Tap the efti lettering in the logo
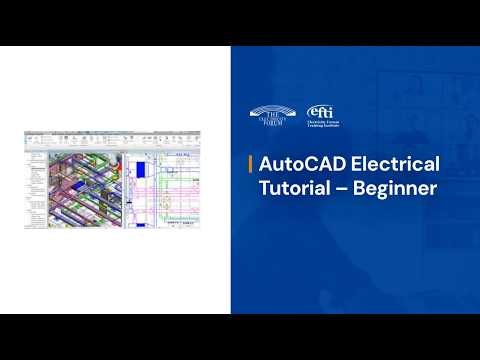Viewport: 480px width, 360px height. [x=319, y=110]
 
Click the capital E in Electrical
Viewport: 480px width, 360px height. [x=355, y=164]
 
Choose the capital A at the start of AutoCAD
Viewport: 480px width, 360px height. [x=265, y=164]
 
